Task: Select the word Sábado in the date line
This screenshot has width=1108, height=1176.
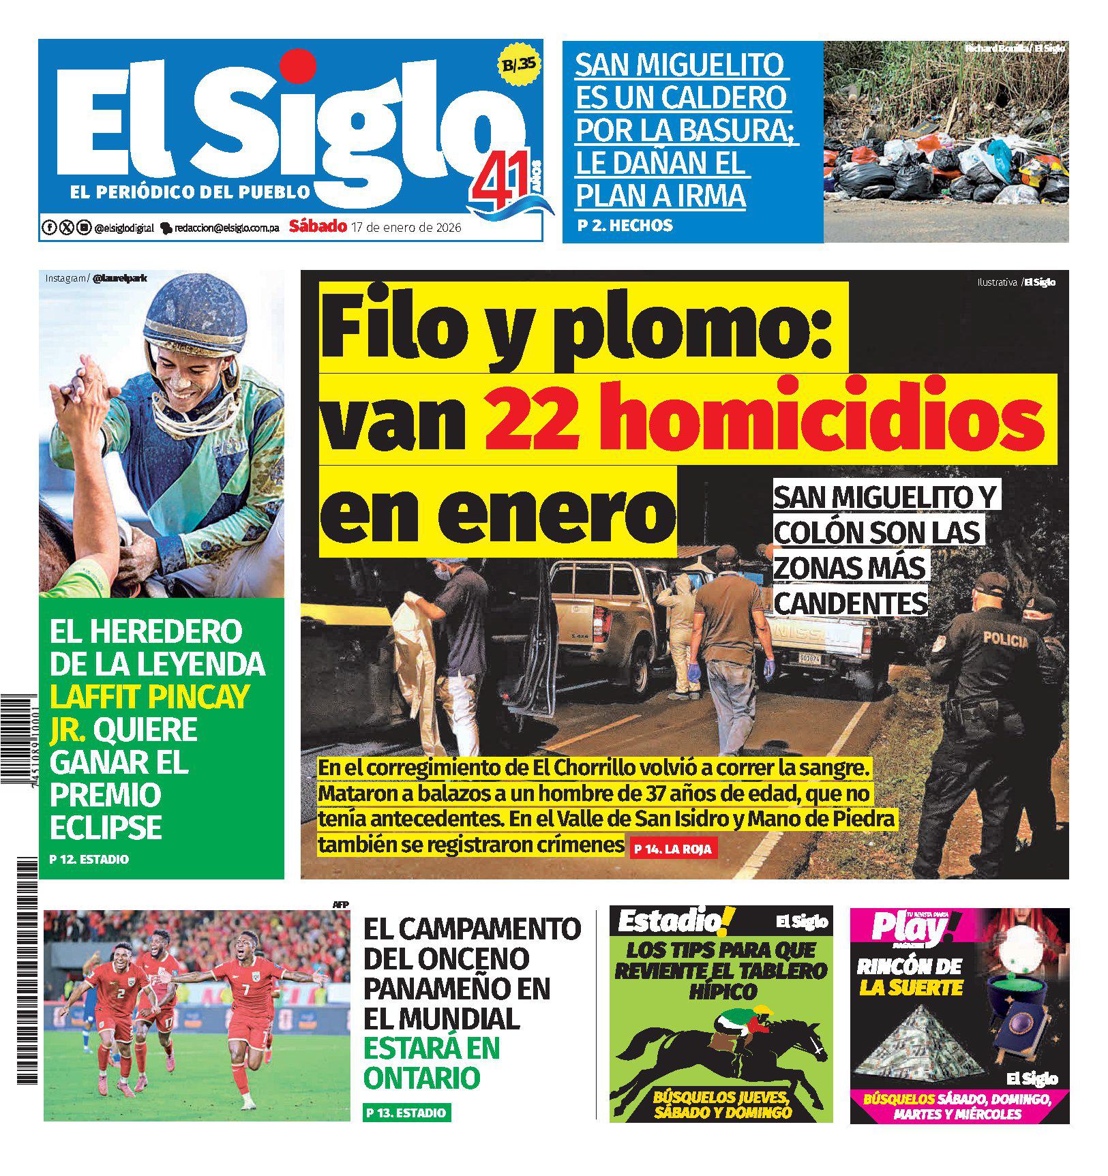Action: (x=318, y=226)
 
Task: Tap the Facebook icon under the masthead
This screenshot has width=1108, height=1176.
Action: (x=49, y=228)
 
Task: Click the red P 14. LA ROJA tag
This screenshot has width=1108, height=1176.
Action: (x=672, y=849)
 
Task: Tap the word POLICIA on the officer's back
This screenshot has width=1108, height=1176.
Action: (x=1005, y=639)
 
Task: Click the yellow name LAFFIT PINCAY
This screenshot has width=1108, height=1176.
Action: (x=149, y=696)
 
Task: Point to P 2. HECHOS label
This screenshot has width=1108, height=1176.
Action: (x=625, y=225)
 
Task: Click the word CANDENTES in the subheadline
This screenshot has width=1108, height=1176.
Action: (x=851, y=603)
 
